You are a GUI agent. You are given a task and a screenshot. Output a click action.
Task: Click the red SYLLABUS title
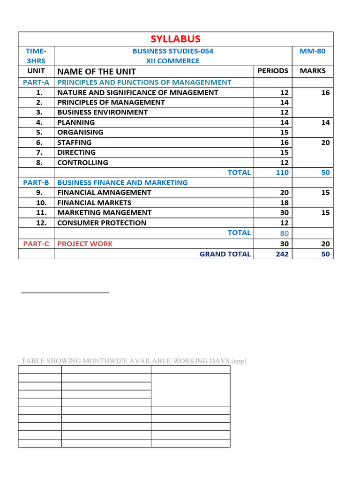(x=175, y=39)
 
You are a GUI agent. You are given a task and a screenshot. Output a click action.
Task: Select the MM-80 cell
(x=312, y=51)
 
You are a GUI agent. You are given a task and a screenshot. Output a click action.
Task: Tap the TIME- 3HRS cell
(x=36, y=56)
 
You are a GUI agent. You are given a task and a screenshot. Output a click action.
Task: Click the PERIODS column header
(x=273, y=71)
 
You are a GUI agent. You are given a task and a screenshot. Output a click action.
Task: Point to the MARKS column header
(x=312, y=71)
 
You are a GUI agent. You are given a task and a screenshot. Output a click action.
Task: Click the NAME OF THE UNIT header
(x=97, y=71)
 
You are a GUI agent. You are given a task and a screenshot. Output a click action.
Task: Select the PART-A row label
(x=36, y=82)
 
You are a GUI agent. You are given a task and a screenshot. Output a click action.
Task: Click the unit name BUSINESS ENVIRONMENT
(x=102, y=112)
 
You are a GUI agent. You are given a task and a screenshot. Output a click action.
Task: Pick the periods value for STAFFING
(x=284, y=142)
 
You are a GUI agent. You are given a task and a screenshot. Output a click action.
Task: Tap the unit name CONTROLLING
(x=82, y=163)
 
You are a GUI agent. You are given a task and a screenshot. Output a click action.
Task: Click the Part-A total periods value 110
(x=282, y=172)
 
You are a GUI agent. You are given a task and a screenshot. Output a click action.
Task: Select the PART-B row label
(x=36, y=183)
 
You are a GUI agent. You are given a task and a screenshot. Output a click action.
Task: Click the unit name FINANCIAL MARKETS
(x=94, y=203)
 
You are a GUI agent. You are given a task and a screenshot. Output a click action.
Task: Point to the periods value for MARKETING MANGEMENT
(x=284, y=213)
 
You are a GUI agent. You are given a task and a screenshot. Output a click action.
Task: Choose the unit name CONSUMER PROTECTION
(x=102, y=223)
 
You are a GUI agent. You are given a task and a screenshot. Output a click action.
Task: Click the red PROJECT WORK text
(x=85, y=244)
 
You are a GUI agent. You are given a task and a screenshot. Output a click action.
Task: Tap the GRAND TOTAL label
(x=225, y=254)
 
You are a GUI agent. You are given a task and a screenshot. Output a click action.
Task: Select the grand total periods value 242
(x=282, y=254)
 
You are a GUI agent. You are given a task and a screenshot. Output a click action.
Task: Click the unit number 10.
(x=41, y=203)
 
